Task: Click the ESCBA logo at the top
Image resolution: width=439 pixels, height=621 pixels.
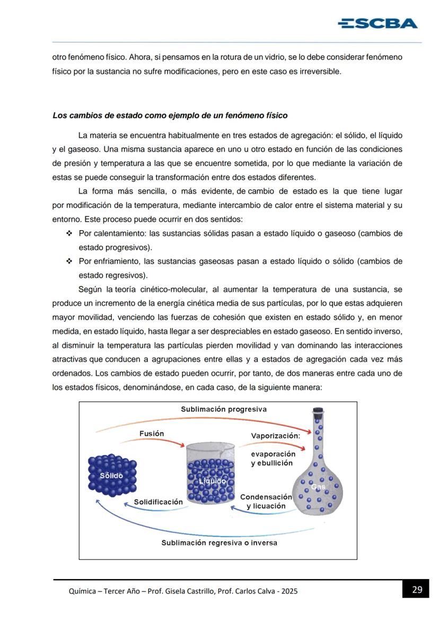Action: click(x=377, y=23)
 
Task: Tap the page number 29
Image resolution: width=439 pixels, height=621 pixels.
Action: click(x=417, y=589)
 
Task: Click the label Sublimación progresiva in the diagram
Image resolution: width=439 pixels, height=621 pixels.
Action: click(x=223, y=409)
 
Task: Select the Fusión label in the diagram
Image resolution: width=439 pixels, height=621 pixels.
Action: click(x=152, y=433)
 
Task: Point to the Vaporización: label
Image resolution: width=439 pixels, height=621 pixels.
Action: click(x=275, y=435)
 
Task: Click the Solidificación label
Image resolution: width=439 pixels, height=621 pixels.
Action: click(x=158, y=502)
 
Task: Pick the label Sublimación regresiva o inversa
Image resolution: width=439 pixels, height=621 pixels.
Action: click(x=219, y=543)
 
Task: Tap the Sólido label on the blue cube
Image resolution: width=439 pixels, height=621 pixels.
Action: click(x=111, y=476)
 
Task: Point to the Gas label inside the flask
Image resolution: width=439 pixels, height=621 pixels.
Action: click(x=318, y=487)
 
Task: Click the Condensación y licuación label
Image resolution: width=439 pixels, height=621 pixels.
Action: click(x=266, y=501)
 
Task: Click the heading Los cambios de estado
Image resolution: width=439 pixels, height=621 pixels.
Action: click(x=170, y=115)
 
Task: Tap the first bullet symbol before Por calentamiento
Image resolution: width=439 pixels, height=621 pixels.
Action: click(x=69, y=233)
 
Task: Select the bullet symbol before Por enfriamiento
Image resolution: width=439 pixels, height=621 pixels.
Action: click(x=69, y=261)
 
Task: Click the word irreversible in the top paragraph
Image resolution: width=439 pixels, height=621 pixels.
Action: click(x=320, y=71)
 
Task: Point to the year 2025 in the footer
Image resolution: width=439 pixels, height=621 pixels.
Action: click(x=289, y=591)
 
